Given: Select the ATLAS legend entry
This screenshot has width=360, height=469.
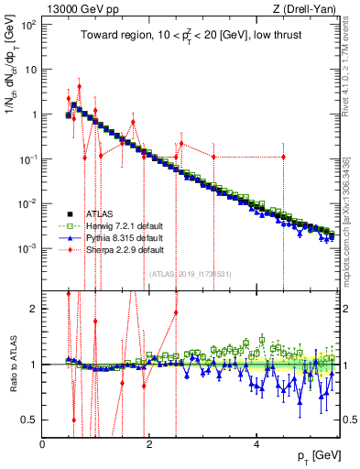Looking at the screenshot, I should (97, 212).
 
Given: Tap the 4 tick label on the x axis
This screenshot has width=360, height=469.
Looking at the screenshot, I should (256, 442).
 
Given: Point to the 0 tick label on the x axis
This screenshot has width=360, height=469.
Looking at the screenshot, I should (43, 442).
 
